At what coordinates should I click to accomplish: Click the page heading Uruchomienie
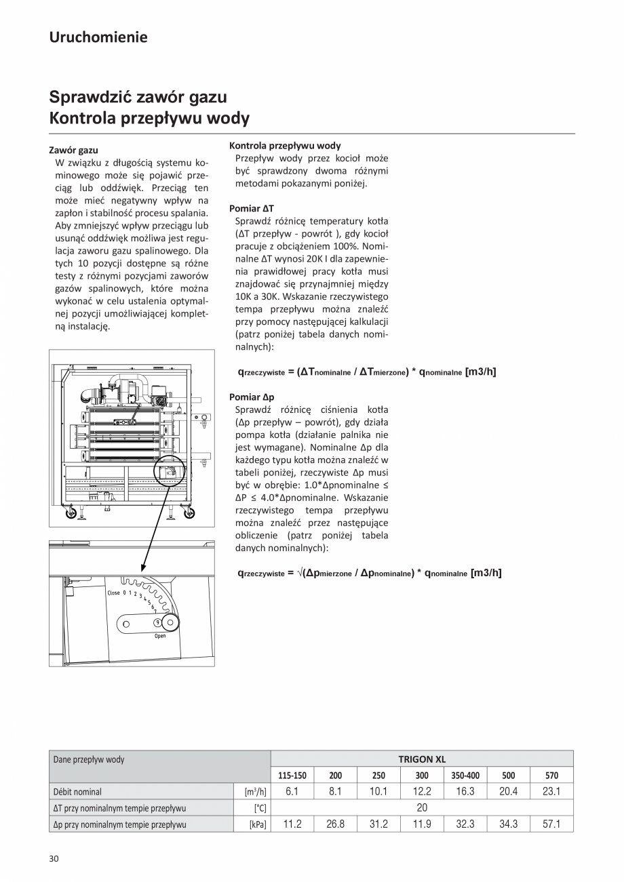tap(98, 37)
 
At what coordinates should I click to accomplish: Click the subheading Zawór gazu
tap(74, 149)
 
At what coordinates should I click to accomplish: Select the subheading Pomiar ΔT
tap(252, 209)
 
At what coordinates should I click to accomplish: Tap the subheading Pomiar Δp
tap(252, 397)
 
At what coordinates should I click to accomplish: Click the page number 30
tap(54, 859)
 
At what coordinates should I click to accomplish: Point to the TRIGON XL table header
tap(422, 759)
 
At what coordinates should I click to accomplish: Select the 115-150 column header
tap(292, 776)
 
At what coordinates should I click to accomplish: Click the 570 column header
tap(551, 776)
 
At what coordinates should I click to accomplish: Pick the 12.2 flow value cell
tap(422, 791)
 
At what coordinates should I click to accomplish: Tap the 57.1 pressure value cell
tap(551, 824)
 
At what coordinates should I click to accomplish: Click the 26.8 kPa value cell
tap(335, 824)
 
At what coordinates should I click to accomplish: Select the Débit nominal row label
tap(77, 791)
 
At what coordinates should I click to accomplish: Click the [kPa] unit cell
tap(258, 824)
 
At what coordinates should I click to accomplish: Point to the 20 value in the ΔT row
tap(422, 807)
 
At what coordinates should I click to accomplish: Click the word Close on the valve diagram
tap(113, 593)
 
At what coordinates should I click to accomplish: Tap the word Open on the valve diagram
tap(159, 636)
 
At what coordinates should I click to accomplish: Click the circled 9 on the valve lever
tap(157, 622)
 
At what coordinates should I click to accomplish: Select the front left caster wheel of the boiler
tap(70, 513)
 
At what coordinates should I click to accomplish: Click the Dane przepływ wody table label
tap(89, 759)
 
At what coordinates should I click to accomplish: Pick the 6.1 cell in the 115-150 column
tap(292, 791)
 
